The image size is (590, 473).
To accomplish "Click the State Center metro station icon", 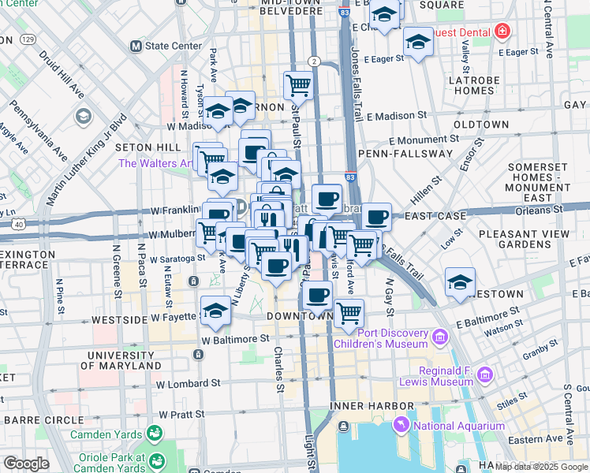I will point(136,46).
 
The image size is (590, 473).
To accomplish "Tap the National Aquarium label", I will point(460,426).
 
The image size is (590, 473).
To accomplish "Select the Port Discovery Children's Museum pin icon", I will point(439,338).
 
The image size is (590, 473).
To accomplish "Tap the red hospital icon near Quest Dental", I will point(502,32).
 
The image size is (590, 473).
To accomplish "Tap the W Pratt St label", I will point(189,413).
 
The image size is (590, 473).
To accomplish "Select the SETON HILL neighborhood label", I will point(143,147).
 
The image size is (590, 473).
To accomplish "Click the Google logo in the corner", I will point(27,464).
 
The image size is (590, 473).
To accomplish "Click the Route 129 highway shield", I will point(28,39).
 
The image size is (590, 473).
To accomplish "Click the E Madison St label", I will point(395,115).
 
